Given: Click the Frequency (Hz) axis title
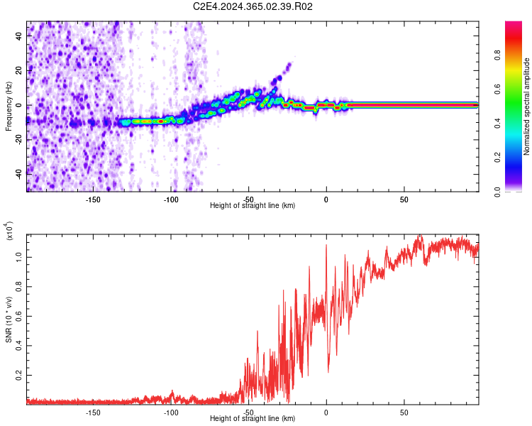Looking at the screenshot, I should [9, 106].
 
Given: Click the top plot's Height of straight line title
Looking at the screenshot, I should [253, 205].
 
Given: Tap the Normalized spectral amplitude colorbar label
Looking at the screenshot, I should [527, 106].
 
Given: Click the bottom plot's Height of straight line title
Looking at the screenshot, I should [253, 419].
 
